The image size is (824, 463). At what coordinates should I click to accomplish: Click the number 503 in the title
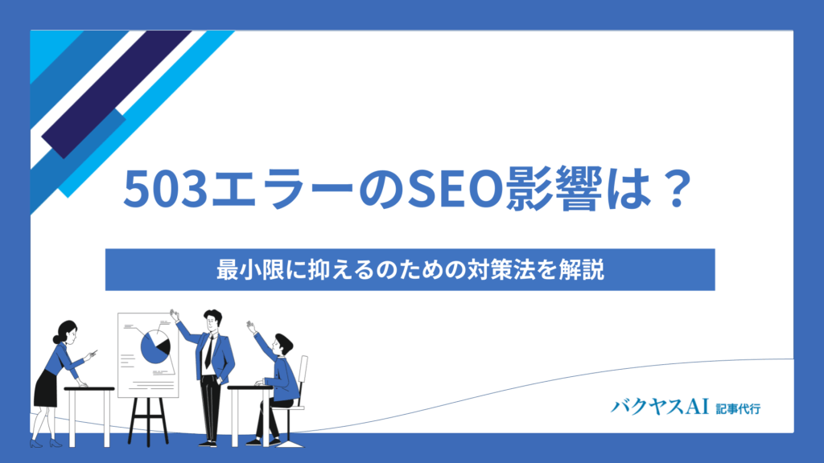tap(166, 189)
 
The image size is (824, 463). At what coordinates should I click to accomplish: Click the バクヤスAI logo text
tap(660, 407)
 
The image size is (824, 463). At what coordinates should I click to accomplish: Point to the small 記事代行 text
tap(738, 408)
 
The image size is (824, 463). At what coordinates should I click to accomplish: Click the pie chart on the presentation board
tap(155, 347)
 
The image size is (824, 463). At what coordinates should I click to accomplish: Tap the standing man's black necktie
tap(209, 351)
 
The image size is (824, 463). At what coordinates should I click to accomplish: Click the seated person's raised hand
tap(251, 326)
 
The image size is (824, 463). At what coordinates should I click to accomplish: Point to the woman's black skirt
tap(45, 388)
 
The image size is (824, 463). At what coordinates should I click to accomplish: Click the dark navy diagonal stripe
tap(117, 95)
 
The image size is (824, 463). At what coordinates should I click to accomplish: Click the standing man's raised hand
tap(175, 315)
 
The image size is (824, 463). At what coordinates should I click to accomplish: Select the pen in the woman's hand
tap(93, 353)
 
